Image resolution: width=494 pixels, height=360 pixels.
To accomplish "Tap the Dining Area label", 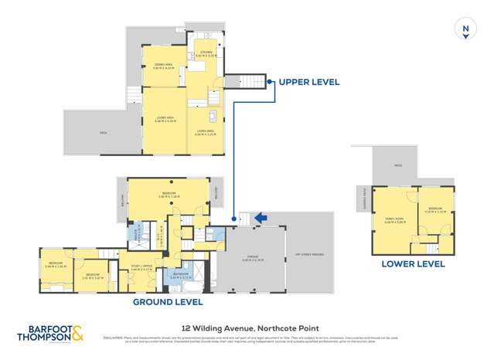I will click(x=162, y=66).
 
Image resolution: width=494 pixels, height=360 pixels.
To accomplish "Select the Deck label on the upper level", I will click(x=102, y=132).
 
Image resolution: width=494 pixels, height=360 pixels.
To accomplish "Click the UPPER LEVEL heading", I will click(x=309, y=81).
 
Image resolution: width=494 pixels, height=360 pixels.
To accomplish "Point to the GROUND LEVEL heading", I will click(x=168, y=301).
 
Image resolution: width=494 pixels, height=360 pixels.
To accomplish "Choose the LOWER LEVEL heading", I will click(x=413, y=264).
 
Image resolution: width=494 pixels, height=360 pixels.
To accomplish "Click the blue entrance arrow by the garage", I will click(x=261, y=219).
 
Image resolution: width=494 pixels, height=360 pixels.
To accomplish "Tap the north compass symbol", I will click(x=465, y=29).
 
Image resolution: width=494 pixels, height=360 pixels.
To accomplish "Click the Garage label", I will click(x=247, y=260).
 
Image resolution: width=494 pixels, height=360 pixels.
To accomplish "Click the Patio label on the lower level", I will click(x=398, y=165).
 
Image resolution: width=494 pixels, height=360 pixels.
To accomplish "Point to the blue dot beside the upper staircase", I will click(x=269, y=80).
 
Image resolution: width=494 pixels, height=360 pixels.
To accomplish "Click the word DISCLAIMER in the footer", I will click(x=114, y=337).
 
